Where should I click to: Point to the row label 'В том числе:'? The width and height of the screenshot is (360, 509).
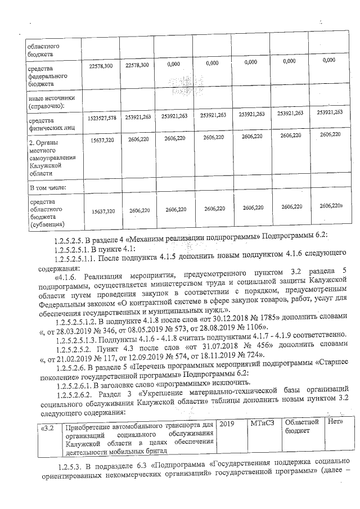(48, 186)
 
